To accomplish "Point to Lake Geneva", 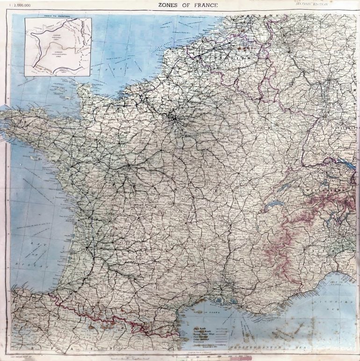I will point(274,205).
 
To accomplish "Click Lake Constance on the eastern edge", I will point(346,163).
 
